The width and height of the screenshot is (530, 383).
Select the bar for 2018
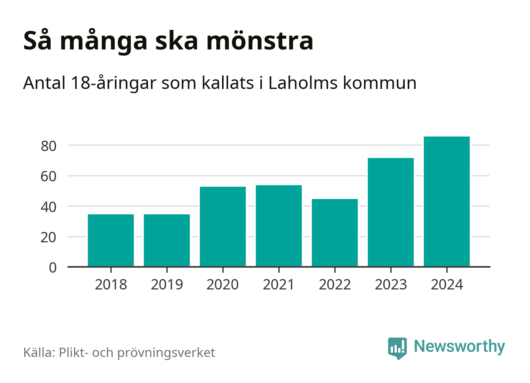pyautogui.click(x=110, y=240)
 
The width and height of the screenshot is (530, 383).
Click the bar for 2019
pyautogui.click(x=166, y=240)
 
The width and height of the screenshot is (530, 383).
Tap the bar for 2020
pyautogui.click(x=222, y=227)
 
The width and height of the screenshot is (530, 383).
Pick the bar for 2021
pyautogui.click(x=278, y=226)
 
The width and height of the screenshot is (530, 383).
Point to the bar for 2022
pyautogui.click(x=334, y=233)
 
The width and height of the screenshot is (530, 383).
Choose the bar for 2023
pyautogui.click(x=390, y=212)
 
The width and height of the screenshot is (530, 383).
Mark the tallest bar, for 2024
pyautogui.click(x=446, y=201)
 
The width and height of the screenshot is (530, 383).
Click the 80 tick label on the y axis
pyautogui.click(x=49, y=146)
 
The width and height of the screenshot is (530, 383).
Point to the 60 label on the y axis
pyautogui.click(x=49, y=176)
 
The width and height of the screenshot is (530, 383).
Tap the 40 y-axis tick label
pyautogui.click(x=49, y=207)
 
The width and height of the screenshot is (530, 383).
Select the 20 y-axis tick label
pyautogui.click(x=49, y=237)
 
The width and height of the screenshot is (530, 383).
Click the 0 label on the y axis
pyautogui.click(x=53, y=268)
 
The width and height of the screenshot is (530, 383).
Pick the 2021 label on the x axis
pyautogui.click(x=278, y=285)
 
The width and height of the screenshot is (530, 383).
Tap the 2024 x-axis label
pyautogui.click(x=447, y=285)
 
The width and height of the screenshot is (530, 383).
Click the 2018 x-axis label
pyautogui.click(x=110, y=285)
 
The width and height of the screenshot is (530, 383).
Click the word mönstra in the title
pyautogui.click(x=260, y=41)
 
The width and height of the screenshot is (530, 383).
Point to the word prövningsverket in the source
pyautogui.click(x=166, y=353)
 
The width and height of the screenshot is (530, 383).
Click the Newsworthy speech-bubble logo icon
pyautogui.click(x=397, y=348)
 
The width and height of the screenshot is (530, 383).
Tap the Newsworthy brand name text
pyautogui.click(x=459, y=346)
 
